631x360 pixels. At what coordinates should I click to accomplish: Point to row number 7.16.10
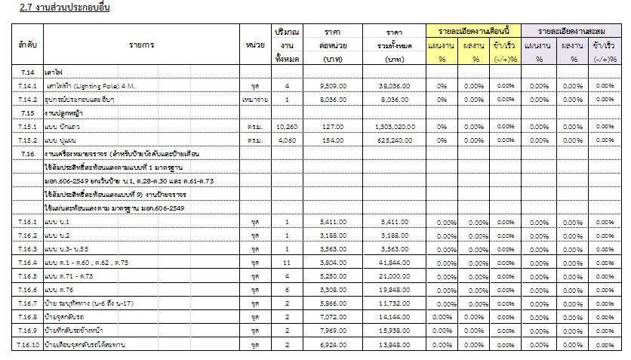click(x=23, y=343)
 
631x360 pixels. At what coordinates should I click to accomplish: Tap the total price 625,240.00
click(x=394, y=140)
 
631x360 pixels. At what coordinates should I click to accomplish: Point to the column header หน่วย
click(x=254, y=45)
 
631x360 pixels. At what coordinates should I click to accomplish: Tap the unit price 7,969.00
click(x=333, y=330)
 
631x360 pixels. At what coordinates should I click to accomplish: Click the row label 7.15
click(x=23, y=113)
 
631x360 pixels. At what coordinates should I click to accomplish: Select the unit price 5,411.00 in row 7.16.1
click(x=333, y=222)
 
